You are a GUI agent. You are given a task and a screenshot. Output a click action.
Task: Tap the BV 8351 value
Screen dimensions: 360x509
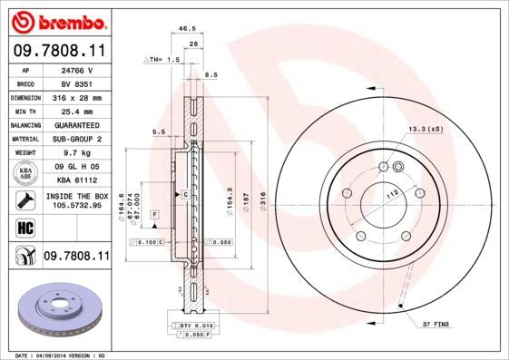[x=76, y=83]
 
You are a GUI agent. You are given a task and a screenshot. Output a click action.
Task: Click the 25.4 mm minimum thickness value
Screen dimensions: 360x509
[x=77, y=111]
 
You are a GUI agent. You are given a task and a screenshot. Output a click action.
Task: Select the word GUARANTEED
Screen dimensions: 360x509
[x=77, y=124]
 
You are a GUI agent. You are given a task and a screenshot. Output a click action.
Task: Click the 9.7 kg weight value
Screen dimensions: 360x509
[x=76, y=153]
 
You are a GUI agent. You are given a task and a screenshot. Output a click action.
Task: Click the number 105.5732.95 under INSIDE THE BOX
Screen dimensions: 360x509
[x=75, y=206]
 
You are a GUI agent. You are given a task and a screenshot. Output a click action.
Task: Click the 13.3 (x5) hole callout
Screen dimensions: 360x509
[x=426, y=129]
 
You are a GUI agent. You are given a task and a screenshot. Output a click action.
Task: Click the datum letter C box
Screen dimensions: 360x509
[x=184, y=194]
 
